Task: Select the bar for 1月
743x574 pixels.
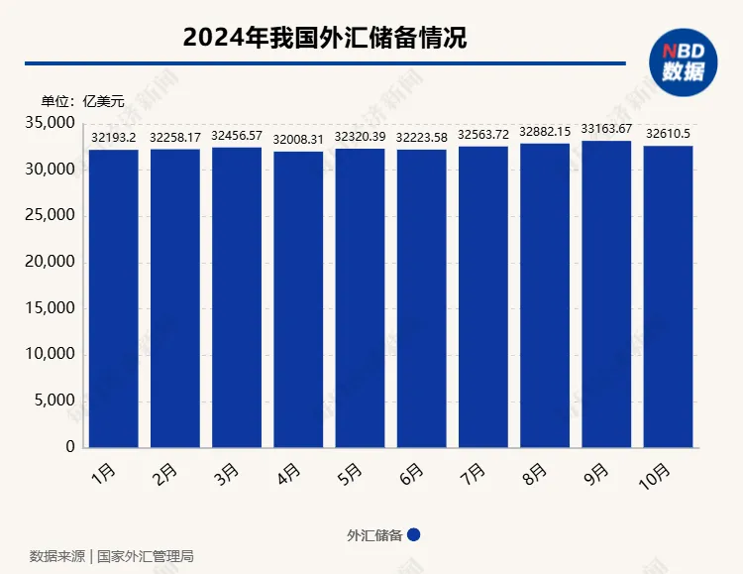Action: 113,297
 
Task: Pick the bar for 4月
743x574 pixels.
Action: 298,298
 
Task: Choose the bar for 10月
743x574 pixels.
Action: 669,296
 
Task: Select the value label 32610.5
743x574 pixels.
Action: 669,134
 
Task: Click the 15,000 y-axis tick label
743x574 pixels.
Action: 50,308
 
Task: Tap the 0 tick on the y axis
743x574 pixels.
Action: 69,447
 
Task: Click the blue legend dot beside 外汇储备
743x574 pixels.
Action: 414,534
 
